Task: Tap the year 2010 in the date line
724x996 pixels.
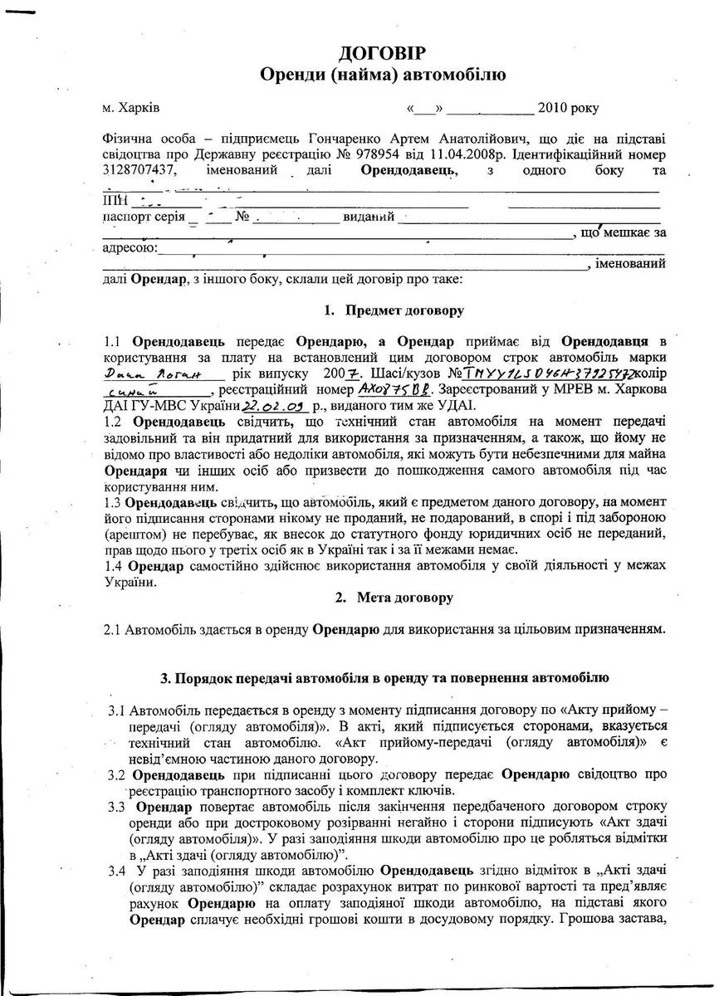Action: pos(553,108)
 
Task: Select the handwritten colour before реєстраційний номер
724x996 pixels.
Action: pos(136,390)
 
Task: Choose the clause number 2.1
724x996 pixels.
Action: pos(112,630)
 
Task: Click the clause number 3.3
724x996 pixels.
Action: pos(117,807)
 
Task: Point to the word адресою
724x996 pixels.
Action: pos(128,248)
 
